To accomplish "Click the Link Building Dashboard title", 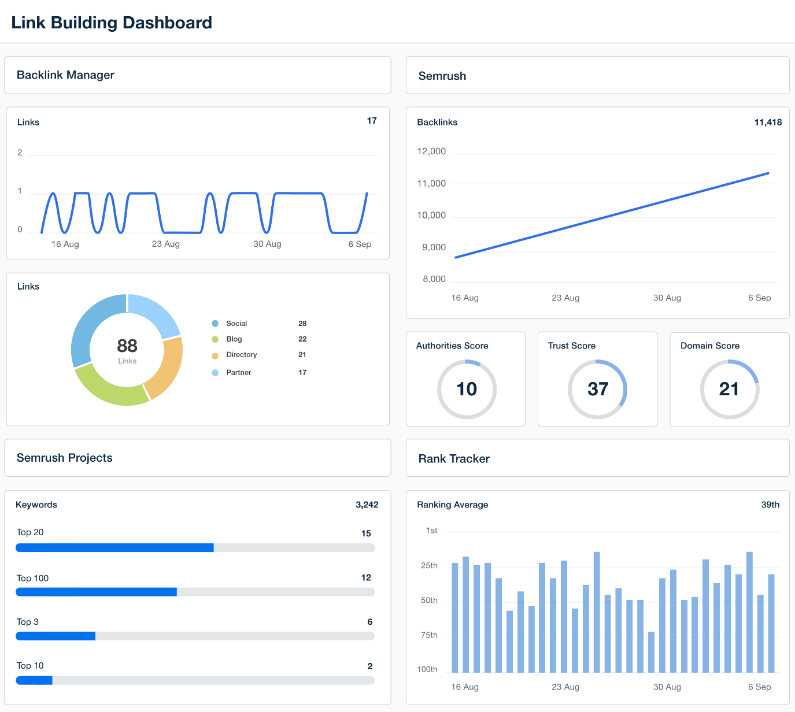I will click(112, 23).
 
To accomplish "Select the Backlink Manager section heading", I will click(65, 75).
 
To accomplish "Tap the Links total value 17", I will click(372, 121).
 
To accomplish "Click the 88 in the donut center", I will click(127, 346).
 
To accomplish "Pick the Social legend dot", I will click(215, 324).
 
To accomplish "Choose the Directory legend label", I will click(241, 355).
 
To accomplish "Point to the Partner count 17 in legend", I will click(302, 373).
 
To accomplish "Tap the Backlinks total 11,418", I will click(768, 122).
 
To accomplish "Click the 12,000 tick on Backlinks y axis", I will click(431, 151).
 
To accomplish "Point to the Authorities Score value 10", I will click(467, 389).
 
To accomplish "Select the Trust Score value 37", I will click(598, 389).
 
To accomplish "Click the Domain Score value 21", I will click(729, 389).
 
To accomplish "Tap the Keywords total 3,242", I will click(367, 505).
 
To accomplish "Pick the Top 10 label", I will click(30, 666).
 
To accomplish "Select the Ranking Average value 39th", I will click(770, 505).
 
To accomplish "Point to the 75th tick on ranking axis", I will click(429, 635).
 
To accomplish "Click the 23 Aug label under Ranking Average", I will click(565, 687).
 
